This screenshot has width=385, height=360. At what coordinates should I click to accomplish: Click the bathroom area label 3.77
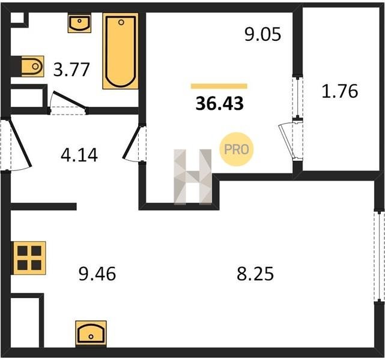pos(71,70)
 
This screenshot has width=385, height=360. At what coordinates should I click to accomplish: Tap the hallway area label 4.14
pos(79,155)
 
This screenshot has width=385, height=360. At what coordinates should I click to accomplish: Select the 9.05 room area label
pos(262,34)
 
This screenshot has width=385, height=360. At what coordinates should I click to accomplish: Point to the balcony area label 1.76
pos(340,91)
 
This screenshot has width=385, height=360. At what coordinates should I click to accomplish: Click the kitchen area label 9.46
pos(97,274)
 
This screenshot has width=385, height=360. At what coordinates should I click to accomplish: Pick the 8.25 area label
pos(255,274)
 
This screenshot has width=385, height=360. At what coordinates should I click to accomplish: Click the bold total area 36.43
pos(220,103)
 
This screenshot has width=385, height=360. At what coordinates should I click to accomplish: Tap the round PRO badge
pos(237,149)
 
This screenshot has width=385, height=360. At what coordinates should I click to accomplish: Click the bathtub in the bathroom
pos(121,51)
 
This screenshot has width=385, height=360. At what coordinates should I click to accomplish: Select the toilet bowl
pos(32,66)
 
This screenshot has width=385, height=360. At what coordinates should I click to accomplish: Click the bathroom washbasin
pos(79,23)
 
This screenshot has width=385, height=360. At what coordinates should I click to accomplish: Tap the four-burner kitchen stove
pos(29,258)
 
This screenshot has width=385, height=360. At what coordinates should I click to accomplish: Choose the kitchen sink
pos(91,334)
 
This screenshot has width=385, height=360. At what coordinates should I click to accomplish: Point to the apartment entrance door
pos(20,142)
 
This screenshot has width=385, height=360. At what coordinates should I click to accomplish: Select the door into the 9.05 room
pos(133,142)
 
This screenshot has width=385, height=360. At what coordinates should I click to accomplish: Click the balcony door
pos(286,141)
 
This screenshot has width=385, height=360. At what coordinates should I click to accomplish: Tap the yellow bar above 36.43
pos(219,86)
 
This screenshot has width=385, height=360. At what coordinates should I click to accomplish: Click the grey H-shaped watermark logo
pos(193,176)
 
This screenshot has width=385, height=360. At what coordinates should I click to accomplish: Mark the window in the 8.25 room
pos(380,256)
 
